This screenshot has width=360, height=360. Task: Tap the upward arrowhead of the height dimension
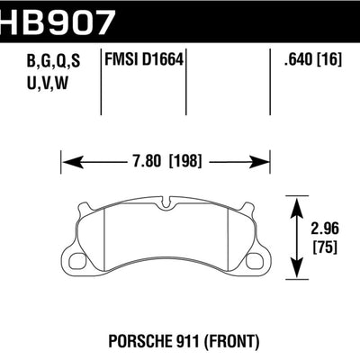pos(298,202)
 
